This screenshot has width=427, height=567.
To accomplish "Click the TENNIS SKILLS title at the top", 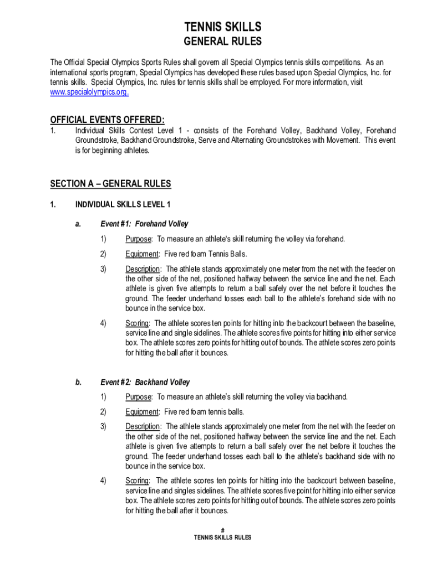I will pyautogui.click(x=223, y=27).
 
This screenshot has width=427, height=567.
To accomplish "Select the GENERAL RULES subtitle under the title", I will pyautogui.click(x=223, y=42).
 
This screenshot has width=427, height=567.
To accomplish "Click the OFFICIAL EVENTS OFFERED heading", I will pyautogui.click(x=107, y=120).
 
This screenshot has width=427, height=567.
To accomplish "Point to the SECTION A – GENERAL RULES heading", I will pyautogui.click(x=110, y=184).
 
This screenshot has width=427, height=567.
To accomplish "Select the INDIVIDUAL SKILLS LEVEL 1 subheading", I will pyautogui.click(x=123, y=205).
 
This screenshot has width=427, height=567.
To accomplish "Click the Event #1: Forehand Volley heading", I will pyautogui.click(x=144, y=224).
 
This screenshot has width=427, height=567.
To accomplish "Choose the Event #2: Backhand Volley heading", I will pyautogui.click(x=145, y=382).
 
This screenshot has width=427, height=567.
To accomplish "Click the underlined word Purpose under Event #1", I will pyautogui.click(x=138, y=239).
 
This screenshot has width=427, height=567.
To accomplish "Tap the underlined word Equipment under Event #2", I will pyautogui.click(x=142, y=412).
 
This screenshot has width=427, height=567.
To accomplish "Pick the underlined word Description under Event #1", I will pyautogui.click(x=143, y=269).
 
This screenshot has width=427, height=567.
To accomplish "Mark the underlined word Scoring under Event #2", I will pyautogui.click(x=137, y=481).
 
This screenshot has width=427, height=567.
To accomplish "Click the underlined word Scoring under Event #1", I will pyautogui.click(x=137, y=323).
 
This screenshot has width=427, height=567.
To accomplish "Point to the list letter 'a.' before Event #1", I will pyautogui.click(x=78, y=224).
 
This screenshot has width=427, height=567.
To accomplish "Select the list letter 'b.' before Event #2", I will pyautogui.click(x=78, y=382).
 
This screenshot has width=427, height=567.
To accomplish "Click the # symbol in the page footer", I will pyautogui.click(x=222, y=530).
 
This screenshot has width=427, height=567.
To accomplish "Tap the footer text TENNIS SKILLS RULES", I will pyautogui.click(x=222, y=538).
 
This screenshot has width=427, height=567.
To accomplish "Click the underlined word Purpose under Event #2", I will pyautogui.click(x=138, y=397).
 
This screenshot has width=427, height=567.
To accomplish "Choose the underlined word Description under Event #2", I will pyautogui.click(x=143, y=426).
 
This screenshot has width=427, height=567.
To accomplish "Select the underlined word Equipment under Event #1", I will pyautogui.click(x=142, y=254).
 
